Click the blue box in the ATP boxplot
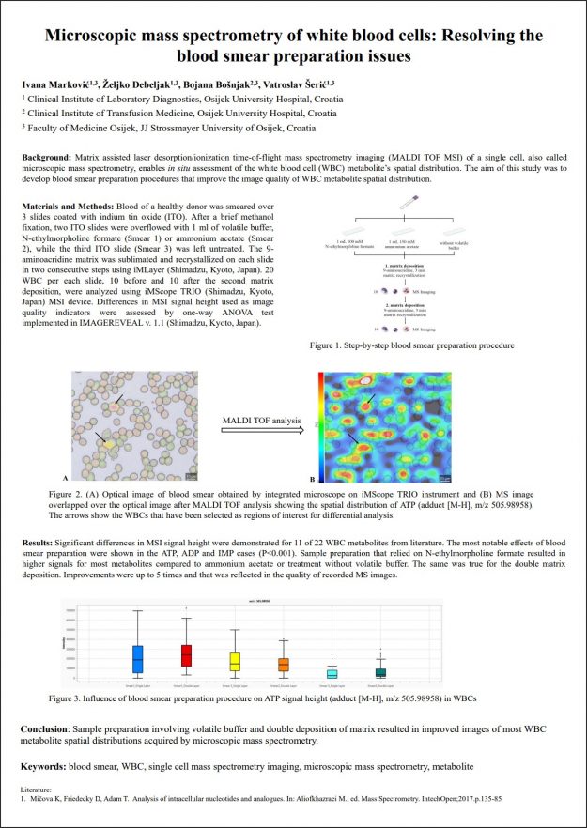(x=138, y=658)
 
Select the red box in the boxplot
(x=187, y=655)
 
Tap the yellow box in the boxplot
(x=235, y=661)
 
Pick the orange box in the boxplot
(x=283, y=664)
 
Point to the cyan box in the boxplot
(x=332, y=673)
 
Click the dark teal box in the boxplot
(x=379, y=672)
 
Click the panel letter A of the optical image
(x=66, y=477)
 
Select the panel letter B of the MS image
(x=311, y=477)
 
